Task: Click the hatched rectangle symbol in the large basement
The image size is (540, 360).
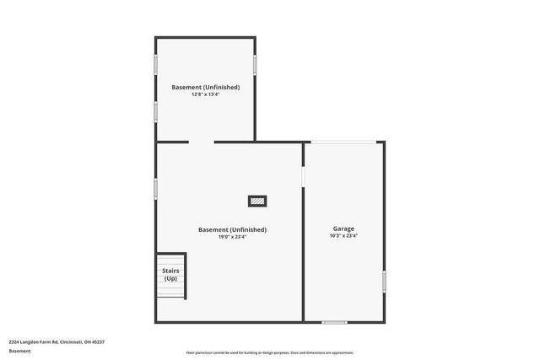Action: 257,201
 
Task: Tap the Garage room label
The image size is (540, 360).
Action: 343,228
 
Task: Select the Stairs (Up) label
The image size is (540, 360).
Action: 170,274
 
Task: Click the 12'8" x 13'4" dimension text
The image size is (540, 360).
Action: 205,94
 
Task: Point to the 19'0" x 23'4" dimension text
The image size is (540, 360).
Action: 232,237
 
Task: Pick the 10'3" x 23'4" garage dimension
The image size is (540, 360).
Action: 343,236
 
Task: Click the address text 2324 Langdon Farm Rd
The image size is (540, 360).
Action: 57,341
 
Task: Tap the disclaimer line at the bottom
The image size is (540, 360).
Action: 270,352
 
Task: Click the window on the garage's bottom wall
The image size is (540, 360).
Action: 335,321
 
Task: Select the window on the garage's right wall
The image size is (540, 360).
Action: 384,281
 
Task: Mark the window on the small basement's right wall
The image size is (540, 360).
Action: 255,64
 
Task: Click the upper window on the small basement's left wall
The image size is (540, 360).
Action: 155,64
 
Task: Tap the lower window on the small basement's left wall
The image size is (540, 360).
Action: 155,110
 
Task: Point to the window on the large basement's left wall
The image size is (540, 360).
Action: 155,188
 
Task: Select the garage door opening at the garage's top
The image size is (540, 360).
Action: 343,142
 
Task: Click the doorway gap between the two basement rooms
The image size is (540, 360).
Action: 202,142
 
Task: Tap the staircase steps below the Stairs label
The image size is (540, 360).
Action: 170,291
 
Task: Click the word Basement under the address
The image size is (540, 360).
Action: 19,350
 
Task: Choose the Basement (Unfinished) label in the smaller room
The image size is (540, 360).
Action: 205,87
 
